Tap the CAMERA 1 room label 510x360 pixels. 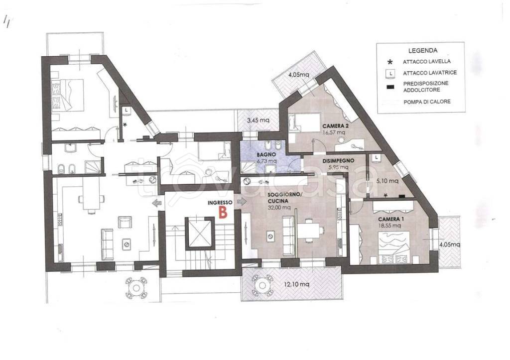click(x=391, y=219)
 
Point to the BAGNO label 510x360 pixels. click(x=266, y=154)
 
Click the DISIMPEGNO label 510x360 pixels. click(x=338, y=161)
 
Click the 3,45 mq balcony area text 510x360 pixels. click(x=258, y=120)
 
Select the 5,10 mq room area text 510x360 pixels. click(x=387, y=181)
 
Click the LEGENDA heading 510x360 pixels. click(x=423, y=50)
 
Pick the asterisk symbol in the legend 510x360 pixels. click(x=390, y=62)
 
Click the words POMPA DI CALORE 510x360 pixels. click(x=427, y=102)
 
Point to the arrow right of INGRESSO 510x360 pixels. click(x=242, y=202)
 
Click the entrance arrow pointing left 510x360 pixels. click(x=157, y=203)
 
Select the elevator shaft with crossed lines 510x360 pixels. click(x=200, y=234)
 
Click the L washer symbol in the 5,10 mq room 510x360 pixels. click(x=377, y=157)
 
